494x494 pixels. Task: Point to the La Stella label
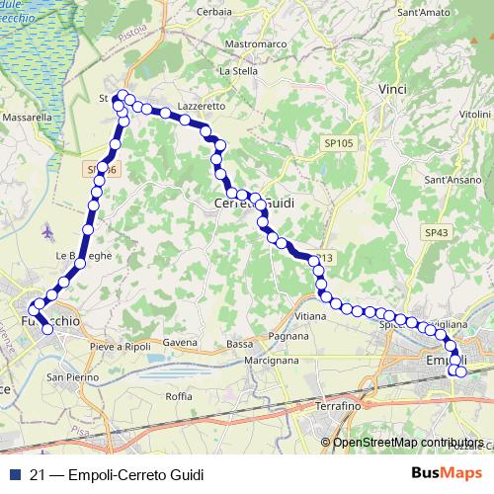click(237, 71)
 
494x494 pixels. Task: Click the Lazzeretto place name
click(203, 105)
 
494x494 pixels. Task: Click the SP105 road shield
click(338, 143)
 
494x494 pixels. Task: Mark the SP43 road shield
click(436, 231)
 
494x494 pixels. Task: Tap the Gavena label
click(181, 343)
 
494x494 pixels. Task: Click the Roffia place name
click(179, 396)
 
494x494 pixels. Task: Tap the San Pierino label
click(73, 377)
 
